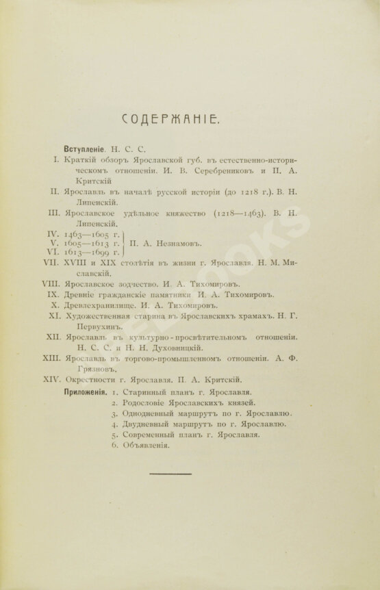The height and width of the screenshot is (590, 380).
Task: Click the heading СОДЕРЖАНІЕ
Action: [x=171, y=121]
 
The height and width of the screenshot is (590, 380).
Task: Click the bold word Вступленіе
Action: [x=84, y=147]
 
